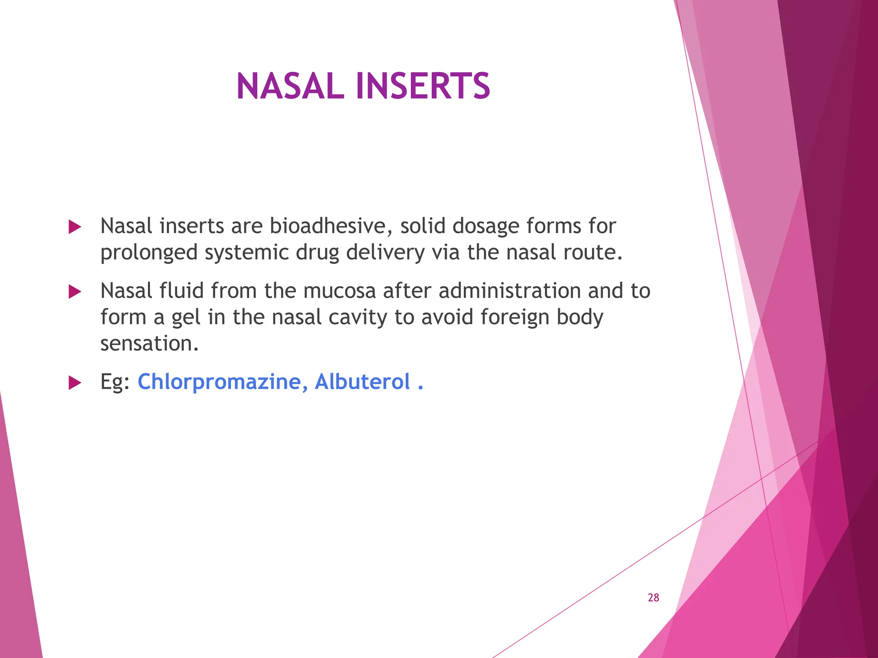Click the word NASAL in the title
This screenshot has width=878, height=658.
pyautogui.click(x=290, y=86)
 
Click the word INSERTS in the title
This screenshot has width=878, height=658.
pyautogui.click(x=423, y=86)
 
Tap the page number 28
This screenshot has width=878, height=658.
pyautogui.click(x=653, y=598)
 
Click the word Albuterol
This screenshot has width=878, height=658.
pyautogui.click(x=362, y=382)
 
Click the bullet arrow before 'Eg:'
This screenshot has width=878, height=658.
pyautogui.click(x=75, y=383)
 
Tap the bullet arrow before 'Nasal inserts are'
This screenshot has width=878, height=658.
pyautogui.click(x=75, y=227)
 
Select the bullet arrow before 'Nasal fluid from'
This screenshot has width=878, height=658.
pyautogui.click(x=75, y=292)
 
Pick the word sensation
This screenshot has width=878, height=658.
pyautogui.click(x=149, y=344)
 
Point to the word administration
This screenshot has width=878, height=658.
pyautogui.click(x=509, y=291)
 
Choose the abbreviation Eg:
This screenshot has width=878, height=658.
pyautogui.click(x=115, y=382)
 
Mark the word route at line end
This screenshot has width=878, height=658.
pyautogui.click(x=592, y=252)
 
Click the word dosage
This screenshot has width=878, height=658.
pyautogui.click(x=485, y=227)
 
